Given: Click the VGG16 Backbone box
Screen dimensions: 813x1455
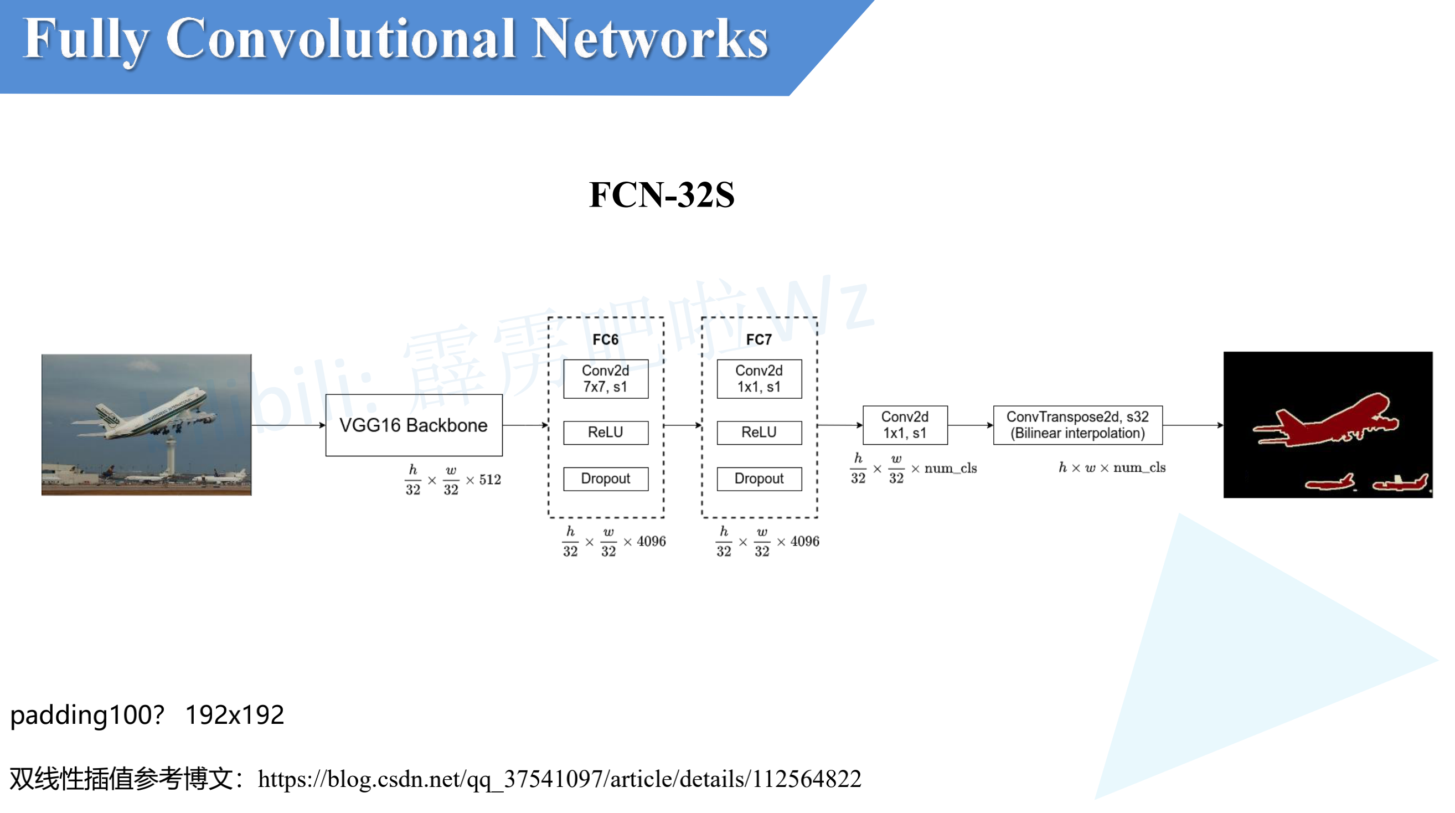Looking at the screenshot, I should [414, 425].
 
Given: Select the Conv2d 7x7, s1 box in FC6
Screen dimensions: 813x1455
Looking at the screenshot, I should [606, 379].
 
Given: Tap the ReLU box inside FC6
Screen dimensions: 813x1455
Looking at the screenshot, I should [606, 432].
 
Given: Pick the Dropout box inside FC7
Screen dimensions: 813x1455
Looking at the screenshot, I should [759, 478].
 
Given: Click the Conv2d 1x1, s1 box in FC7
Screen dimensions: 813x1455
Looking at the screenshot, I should [759, 379].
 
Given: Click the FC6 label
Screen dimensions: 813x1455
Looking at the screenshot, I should [605, 339].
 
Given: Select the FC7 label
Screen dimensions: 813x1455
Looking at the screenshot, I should [759, 339].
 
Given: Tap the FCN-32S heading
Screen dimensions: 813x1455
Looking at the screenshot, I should [662, 195].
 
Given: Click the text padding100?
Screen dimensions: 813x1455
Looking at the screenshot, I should [87, 714].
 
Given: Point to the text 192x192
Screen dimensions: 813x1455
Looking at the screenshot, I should [234, 714].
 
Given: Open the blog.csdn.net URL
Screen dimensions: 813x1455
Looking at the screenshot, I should [559, 779].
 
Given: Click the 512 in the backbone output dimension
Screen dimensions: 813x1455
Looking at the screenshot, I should [490, 480].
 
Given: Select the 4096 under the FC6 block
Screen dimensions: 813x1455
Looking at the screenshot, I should [651, 541].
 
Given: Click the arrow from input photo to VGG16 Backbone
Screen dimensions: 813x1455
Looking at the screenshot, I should [288, 425].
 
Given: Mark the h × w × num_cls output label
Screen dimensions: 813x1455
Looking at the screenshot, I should [1112, 468].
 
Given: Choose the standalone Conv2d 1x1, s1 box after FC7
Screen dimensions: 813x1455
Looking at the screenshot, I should [905, 425].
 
